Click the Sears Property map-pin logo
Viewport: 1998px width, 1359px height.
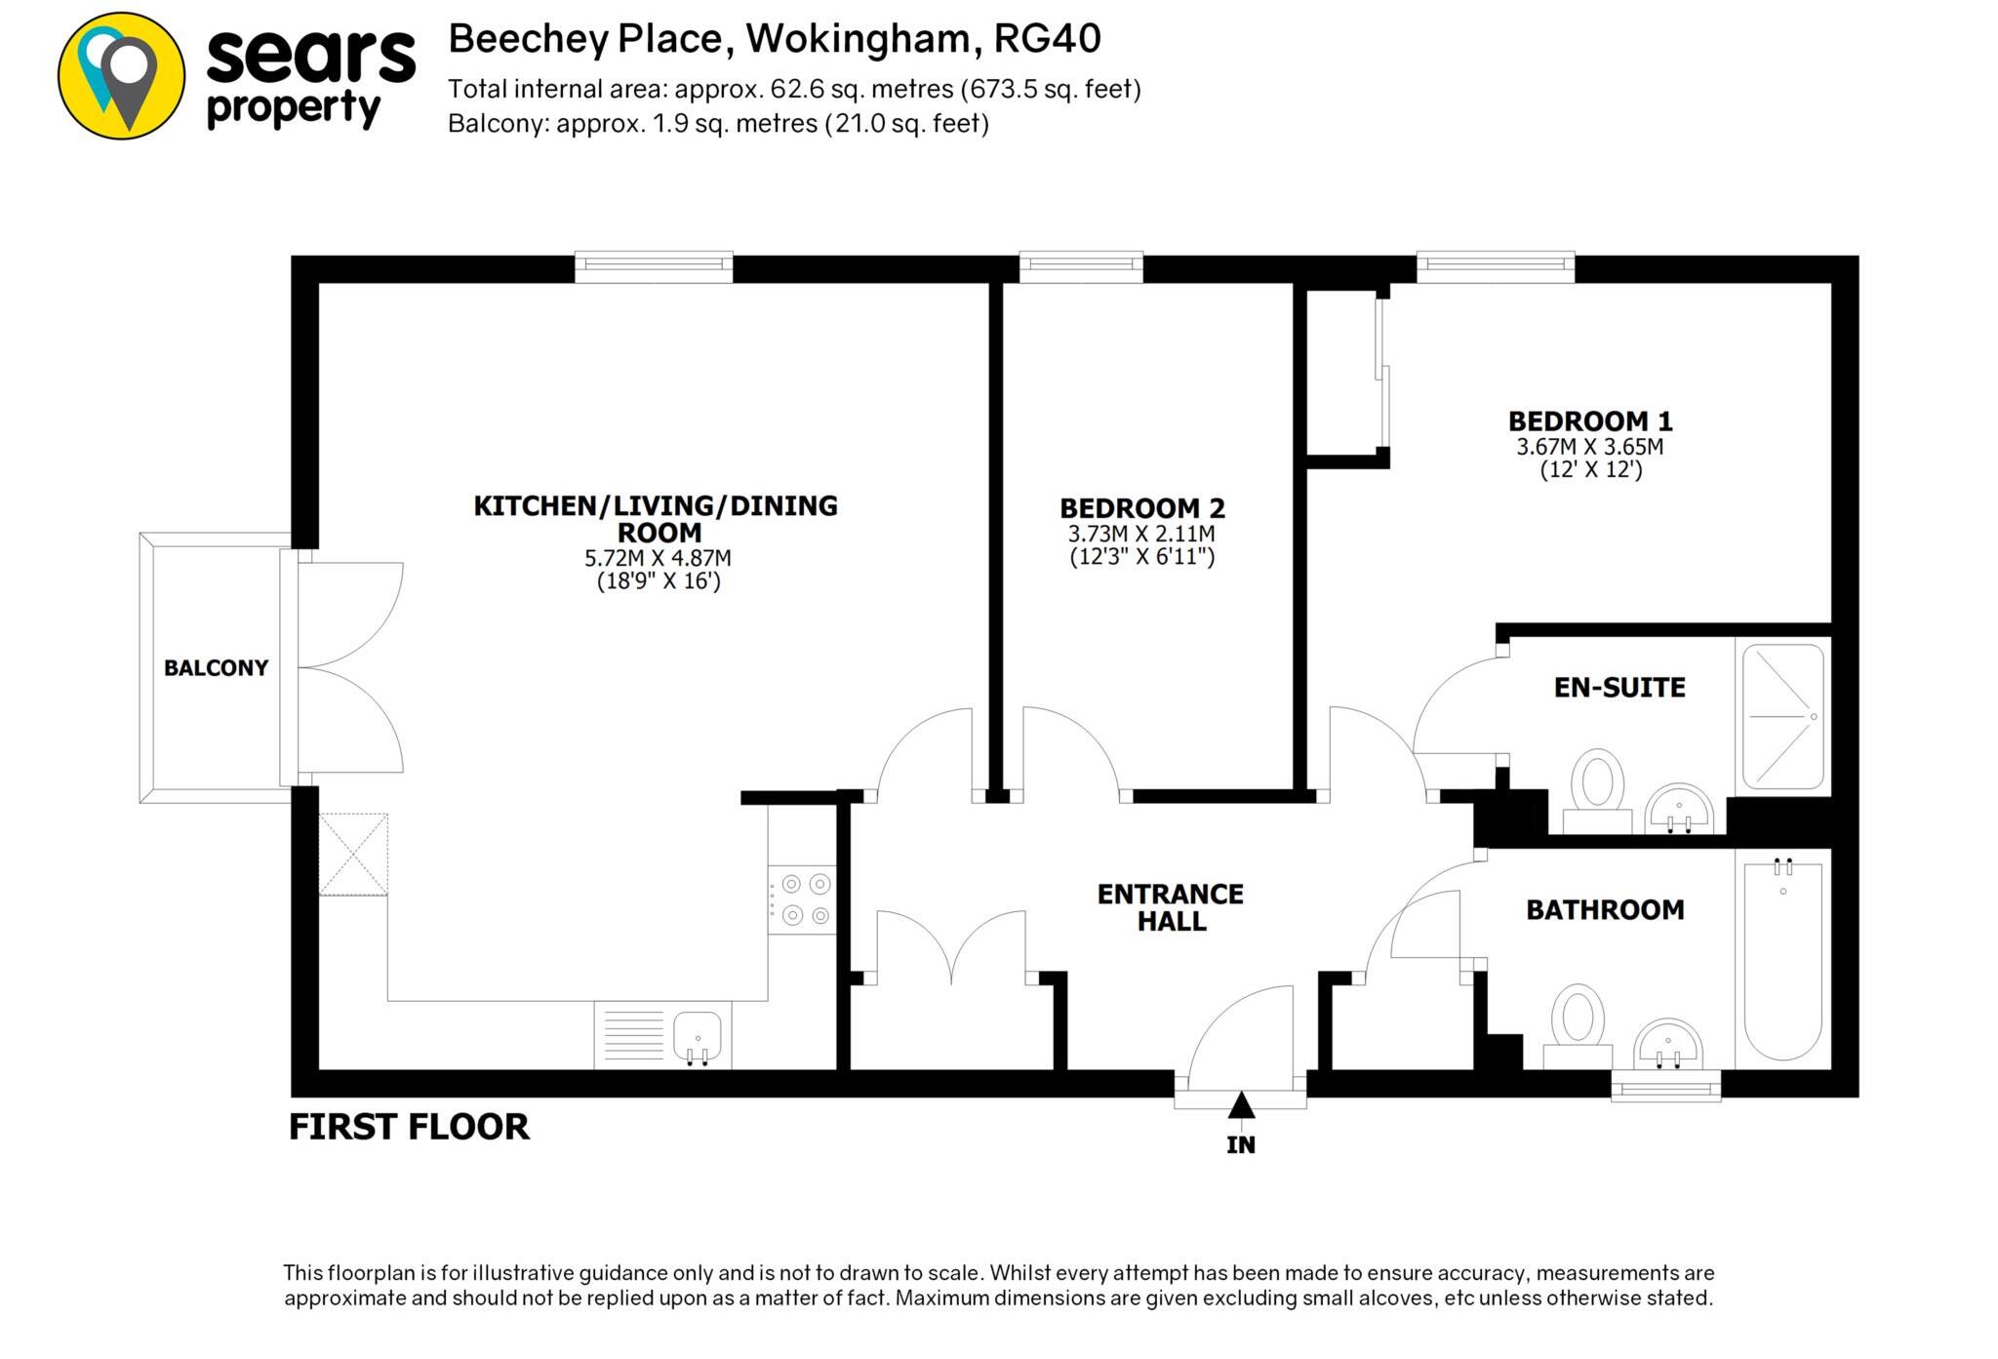coord(121,76)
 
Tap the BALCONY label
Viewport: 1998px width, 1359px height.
coord(216,668)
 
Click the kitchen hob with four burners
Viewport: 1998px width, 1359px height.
coord(803,899)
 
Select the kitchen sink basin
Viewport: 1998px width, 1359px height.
coord(698,1035)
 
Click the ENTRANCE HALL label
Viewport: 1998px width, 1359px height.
coord(1171,907)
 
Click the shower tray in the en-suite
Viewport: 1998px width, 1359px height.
coord(1783,717)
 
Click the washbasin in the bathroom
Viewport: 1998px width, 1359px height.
coord(1668,1046)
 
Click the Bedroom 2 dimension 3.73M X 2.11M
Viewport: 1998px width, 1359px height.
coord(1140,534)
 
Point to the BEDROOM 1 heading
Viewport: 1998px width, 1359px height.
coord(1590,421)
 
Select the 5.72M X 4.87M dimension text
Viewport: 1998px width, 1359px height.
coord(658,558)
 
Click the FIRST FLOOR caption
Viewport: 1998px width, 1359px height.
coord(409,1127)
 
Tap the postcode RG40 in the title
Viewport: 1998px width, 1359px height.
coord(1047,39)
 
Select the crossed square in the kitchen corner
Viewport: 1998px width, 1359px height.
coord(353,855)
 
